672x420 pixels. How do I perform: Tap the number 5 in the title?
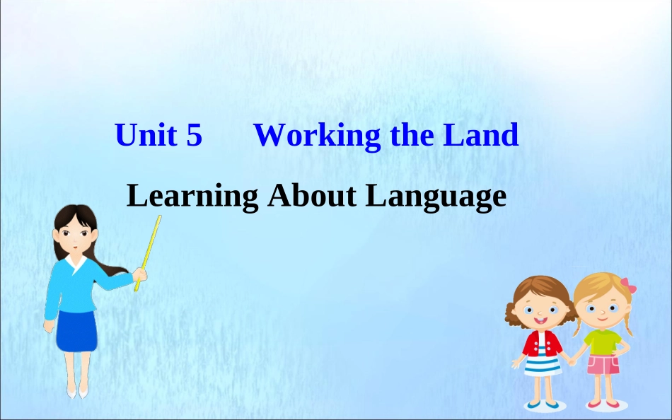195,135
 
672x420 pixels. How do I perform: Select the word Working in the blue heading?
316,136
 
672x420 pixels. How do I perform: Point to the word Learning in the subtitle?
192,197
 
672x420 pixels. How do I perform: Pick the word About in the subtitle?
312,196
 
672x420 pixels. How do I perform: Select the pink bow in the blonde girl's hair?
627,286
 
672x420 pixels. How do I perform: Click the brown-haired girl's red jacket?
542,344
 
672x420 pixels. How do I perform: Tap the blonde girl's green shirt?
603,342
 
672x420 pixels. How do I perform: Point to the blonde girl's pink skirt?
603,365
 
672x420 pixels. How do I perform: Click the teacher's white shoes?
77,391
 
